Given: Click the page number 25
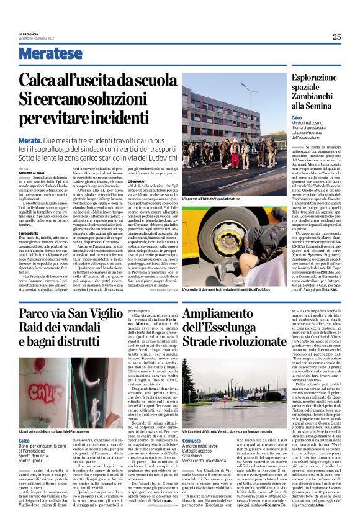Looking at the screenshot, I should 336,37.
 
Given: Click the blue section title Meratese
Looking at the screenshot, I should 50,54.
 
